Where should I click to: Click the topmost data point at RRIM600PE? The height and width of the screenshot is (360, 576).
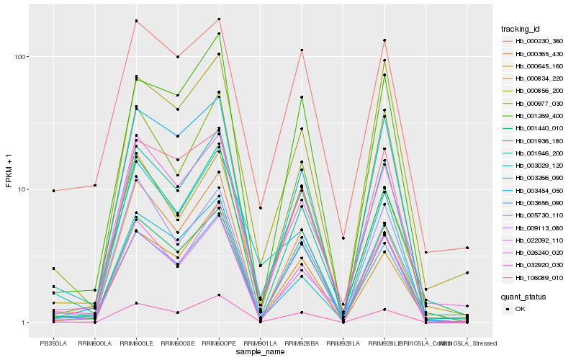pos(219,19)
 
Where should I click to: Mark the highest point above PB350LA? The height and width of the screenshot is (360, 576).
pos(53,191)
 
